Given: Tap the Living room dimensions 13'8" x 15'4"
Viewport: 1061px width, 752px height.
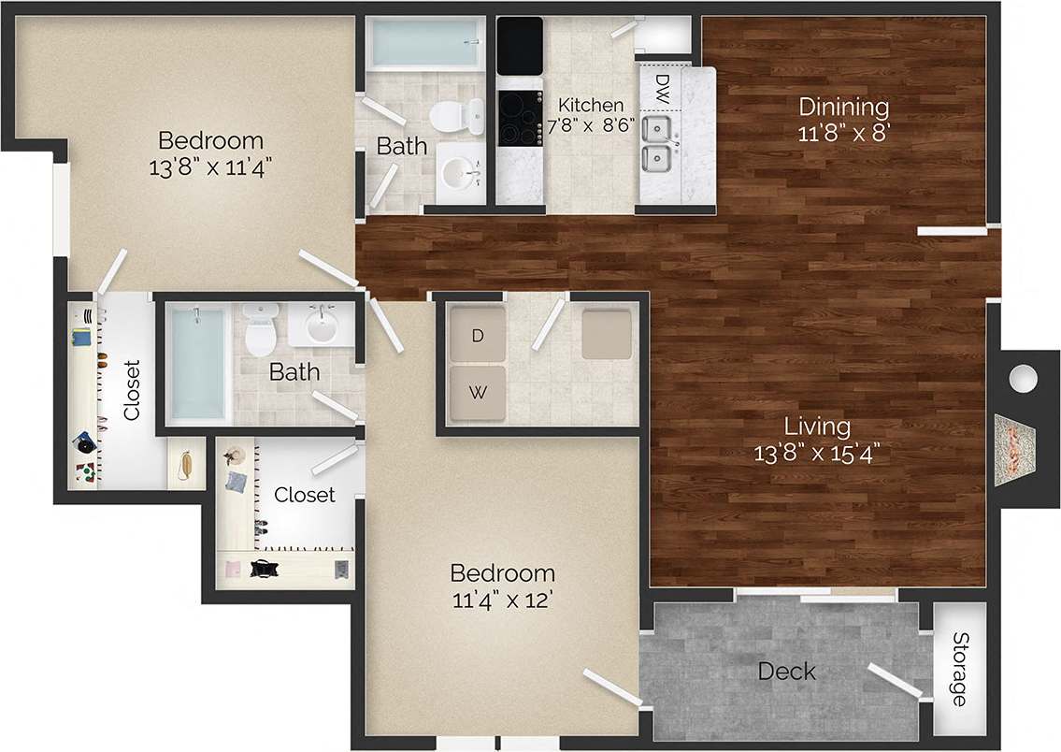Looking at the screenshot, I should point(818,454).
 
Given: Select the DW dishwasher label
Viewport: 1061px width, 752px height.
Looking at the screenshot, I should point(661,89).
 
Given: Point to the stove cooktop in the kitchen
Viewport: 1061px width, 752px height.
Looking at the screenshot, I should point(520,119).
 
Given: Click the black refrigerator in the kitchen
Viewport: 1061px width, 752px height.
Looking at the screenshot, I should point(520,45).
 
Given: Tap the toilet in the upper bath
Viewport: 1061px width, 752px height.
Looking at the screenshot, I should point(454,116).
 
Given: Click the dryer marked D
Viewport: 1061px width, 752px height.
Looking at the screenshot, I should point(477,336).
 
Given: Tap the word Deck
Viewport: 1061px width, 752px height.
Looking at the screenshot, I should point(786,672).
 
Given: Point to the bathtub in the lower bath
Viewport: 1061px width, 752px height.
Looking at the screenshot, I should point(198,363).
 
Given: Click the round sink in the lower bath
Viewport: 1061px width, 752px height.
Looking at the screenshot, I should point(322,327).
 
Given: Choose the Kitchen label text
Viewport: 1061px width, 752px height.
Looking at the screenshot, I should point(590,105).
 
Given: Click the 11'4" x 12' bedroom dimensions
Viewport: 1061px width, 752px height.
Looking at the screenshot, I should point(502,599).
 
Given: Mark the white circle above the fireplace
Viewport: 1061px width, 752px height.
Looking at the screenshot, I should point(1024,379).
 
